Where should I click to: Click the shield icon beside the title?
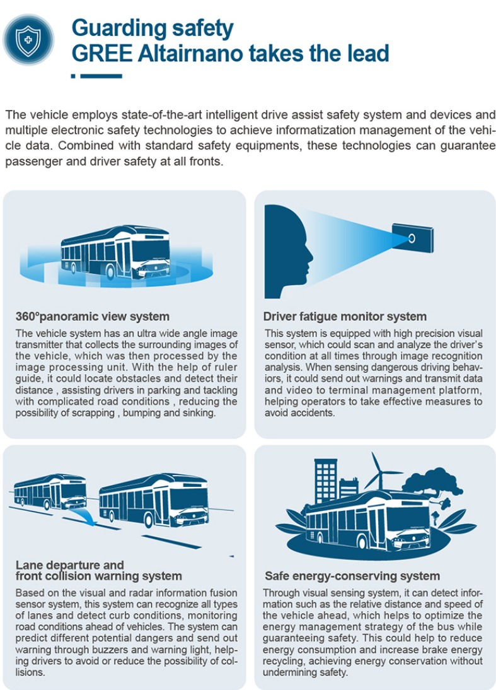point(28,40)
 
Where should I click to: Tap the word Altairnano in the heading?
point(190,53)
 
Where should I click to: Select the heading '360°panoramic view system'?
point(93,317)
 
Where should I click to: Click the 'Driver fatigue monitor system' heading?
point(345,317)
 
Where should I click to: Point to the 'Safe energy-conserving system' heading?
point(352,576)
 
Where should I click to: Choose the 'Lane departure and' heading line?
point(69,565)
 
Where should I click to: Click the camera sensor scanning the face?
point(412,238)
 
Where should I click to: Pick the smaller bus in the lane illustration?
point(50,491)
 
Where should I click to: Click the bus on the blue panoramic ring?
point(115,252)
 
